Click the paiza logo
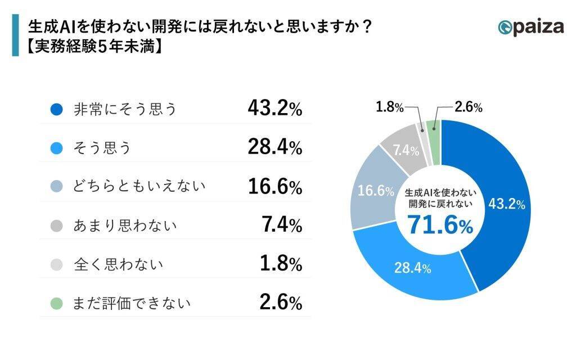click(530, 27)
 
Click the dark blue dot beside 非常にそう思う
click(56, 110)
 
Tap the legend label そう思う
click(102, 148)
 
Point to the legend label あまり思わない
click(125, 226)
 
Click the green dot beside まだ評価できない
click(56, 303)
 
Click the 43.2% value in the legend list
click(274, 109)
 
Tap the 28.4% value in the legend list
click(274, 148)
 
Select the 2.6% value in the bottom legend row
click(280, 303)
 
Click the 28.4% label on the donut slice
click(412, 268)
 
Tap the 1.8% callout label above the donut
click(390, 107)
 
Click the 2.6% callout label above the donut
click(469, 107)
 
